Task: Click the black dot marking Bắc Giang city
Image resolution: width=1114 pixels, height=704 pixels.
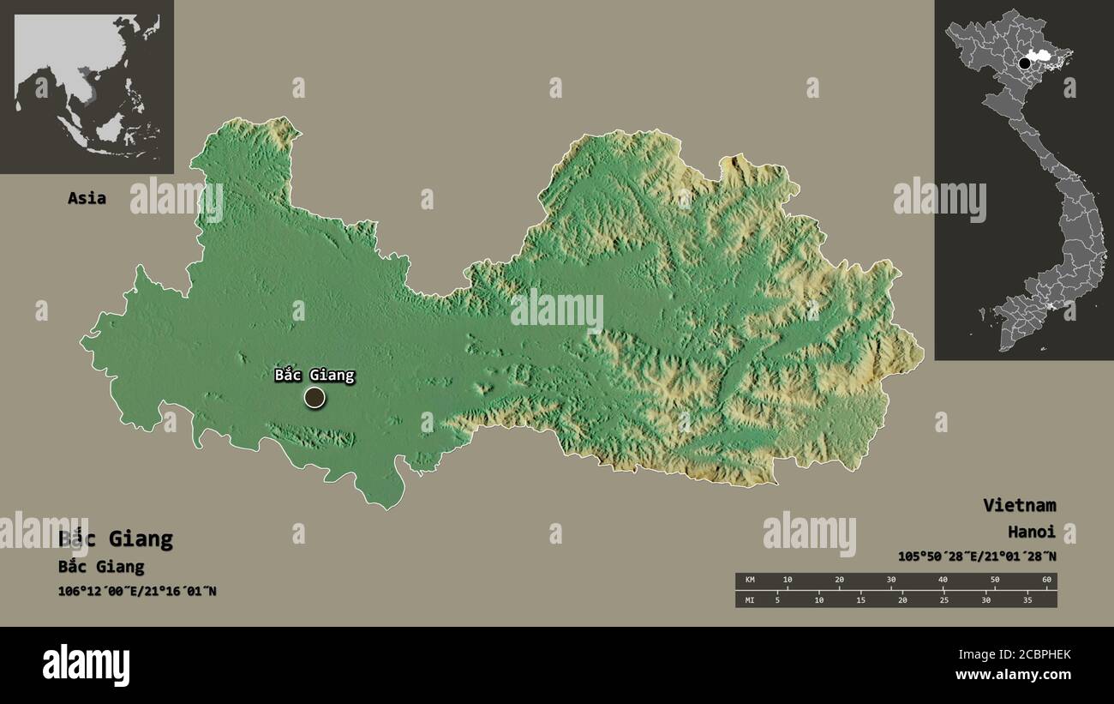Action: click(x=314, y=397)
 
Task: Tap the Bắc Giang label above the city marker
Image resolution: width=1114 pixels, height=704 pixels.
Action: click(x=314, y=375)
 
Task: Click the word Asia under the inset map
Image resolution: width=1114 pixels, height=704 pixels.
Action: click(x=87, y=198)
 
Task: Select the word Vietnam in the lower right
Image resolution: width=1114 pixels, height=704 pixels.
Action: click(x=1019, y=505)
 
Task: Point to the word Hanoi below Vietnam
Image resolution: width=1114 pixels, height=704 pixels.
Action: click(x=1031, y=532)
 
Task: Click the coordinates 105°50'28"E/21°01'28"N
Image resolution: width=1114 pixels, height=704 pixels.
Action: click(x=976, y=557)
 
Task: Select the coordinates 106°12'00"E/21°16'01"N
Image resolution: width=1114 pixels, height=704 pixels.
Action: click(x=137, y=591)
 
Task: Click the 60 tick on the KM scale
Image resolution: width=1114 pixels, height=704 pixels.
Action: click(x=1045, y=581)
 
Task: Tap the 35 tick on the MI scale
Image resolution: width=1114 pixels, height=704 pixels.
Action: click(x=1027, y=599)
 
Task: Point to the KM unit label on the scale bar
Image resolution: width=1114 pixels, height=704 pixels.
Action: click(x=750, y=581)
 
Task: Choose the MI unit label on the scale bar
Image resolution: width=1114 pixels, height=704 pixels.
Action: click(x=750, y=599)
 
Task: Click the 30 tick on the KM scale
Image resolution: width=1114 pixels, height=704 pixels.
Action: click(x=891, y=581)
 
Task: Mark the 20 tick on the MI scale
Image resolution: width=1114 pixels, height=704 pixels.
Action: click(x=902, y=599)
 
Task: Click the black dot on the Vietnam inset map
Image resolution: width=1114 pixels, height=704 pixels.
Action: click(x=1024, y=63)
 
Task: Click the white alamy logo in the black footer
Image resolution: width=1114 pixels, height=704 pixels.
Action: click(x=86, y=665)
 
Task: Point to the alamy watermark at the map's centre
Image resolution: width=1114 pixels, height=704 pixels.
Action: click(x=557, y=310)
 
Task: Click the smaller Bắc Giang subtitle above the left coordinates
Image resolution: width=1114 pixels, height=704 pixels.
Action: click(x=101, y=567)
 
